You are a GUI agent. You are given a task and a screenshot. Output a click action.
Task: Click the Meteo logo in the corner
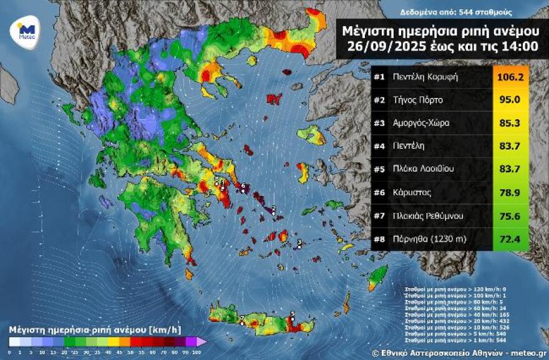point(26,29)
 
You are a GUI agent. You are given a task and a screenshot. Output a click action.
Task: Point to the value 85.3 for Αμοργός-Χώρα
point(510,124)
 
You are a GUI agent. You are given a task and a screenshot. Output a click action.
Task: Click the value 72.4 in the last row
point(510,238)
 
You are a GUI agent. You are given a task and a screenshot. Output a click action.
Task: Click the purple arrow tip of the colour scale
point(202,342)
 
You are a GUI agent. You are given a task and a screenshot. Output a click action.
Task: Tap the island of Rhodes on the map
point(376,278)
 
